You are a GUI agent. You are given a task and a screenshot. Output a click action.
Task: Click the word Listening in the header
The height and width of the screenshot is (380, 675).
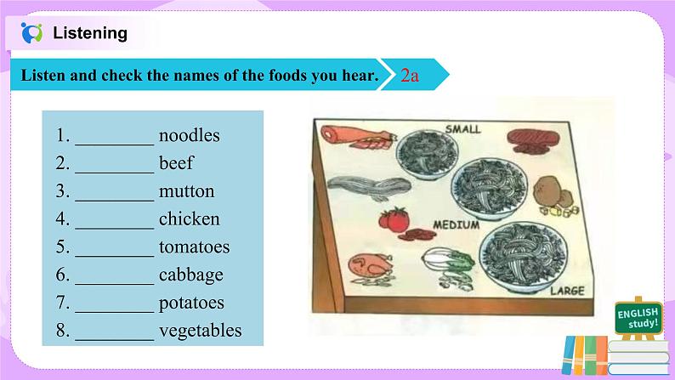(90, 33)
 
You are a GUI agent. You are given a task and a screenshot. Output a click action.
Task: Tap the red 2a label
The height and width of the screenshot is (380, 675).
(410, 76)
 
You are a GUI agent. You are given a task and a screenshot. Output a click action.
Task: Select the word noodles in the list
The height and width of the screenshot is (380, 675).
(190, 135)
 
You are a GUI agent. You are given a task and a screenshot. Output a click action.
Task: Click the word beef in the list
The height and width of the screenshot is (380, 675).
(177, 163)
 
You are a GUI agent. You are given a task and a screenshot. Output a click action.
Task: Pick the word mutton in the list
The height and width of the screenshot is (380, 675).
(186, 191)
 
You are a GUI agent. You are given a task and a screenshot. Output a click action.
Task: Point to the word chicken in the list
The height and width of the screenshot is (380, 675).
(190, 218)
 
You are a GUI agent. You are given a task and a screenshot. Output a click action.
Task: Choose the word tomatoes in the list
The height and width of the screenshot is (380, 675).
(194, 247)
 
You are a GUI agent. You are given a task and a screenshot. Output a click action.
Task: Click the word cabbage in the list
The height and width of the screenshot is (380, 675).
(191, 275)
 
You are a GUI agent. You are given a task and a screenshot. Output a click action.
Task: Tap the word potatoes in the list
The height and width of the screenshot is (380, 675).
(191, 303)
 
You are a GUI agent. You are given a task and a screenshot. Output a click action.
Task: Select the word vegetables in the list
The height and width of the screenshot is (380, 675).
(200, 331)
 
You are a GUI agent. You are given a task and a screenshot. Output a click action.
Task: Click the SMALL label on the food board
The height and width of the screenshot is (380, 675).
(462, 128)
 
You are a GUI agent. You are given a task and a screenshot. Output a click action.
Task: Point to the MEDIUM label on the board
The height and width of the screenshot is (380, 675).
(456, 224)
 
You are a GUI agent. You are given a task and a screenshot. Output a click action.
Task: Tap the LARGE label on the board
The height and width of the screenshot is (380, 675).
(567, 291)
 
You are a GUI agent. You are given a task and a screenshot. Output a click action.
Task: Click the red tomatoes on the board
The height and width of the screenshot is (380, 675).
(394, 219)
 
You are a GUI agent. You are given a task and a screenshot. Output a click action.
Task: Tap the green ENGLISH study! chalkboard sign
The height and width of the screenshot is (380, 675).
(638, 318)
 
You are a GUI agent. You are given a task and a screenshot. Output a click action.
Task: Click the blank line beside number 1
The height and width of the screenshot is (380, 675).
(115, 145)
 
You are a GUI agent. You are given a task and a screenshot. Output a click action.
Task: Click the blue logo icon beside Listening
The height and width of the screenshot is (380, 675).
(31, 32)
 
